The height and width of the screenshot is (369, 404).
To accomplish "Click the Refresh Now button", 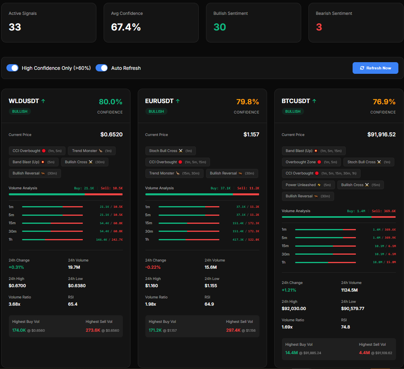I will pos(375,68).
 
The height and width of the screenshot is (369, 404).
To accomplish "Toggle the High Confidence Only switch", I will pos(12,68).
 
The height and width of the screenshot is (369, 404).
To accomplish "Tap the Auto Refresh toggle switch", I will pos(102,68).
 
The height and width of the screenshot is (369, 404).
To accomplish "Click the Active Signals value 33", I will pos(15,27).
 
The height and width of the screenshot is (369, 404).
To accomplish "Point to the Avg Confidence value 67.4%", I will pos(126,27).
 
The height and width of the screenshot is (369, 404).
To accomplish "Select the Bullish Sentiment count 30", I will pos(220,27).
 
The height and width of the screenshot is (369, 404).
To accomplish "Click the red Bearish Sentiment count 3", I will pos(319,27).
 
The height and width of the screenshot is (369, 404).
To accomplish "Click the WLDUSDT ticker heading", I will pos(24,101).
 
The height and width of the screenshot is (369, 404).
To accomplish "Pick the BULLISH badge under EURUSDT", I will pos(156,112).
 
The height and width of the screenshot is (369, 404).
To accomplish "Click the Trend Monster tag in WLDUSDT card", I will pos(92,151).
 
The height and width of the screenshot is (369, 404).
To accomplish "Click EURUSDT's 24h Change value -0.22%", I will pos(153,267).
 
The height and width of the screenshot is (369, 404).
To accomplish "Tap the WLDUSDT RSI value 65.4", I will pos(73,304).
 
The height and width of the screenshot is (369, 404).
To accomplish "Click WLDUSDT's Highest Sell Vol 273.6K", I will pos(93,330).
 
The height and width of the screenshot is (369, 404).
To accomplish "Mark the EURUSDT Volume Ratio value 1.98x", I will pos(151,304).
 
